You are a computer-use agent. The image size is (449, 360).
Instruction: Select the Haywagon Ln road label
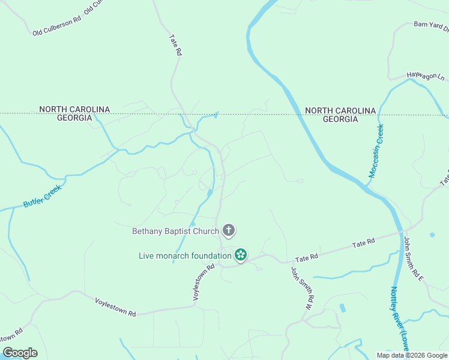[x=426, y=77]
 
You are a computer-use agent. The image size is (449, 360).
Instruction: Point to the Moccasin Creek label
[x=376, y=151]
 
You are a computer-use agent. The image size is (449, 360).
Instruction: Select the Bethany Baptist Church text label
[x=175, y=231]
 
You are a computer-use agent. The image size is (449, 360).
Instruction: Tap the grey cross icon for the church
[x=228, y=230]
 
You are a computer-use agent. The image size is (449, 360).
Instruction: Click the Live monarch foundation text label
[x=185, y=256]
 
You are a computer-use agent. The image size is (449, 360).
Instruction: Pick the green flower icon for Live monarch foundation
[x=240, y=255]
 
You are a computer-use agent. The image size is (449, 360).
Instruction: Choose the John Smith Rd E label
[x=413, y=259]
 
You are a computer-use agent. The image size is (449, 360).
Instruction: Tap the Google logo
[x=20, y=353]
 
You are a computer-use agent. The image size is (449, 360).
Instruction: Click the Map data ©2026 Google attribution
[x=412, y=355]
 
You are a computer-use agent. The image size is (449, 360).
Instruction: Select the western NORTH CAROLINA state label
[x=74, y=109]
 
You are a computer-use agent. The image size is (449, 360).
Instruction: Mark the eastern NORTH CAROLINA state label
[x=340, y=110]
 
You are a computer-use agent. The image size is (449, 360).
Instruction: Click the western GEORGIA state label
[x=74, y=118]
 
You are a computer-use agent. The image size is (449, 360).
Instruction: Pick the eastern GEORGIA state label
[x=340, y=119]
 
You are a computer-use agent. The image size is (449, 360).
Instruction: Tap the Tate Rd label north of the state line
[x=175, y=45]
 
